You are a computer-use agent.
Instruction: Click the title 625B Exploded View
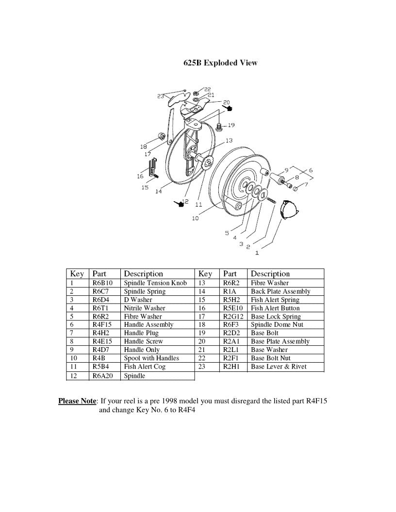pyautogui.click(x=220, y=63)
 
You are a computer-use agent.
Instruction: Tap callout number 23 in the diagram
pyautogui.click(x=161, y=96)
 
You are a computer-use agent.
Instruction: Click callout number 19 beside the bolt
pyautogui.click(x=231, y=125)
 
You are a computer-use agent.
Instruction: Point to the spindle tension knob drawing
pyautogui.click(x=291, y=211)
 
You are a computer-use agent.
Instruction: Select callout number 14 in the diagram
pyautogui.click(x=158, y=191)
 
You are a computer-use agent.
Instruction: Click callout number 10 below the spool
pyautogui.click(x=195, y=218)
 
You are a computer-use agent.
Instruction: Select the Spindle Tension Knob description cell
pyautogui.click(x=155, y=283)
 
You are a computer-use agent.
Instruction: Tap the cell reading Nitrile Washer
pyautogui.click(x=145, y=308)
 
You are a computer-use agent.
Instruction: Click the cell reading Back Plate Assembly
pyautogui.click(x=280, y=291)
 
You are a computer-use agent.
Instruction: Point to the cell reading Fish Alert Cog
pyautogui.click(x=145, y=367)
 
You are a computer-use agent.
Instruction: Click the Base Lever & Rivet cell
pyautogui.click(x=279, y=367)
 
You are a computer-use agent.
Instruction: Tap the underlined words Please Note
pyautogui.click(x=78, y=401)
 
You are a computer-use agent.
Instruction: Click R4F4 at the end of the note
pyautogui.click(x=186, y=410)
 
